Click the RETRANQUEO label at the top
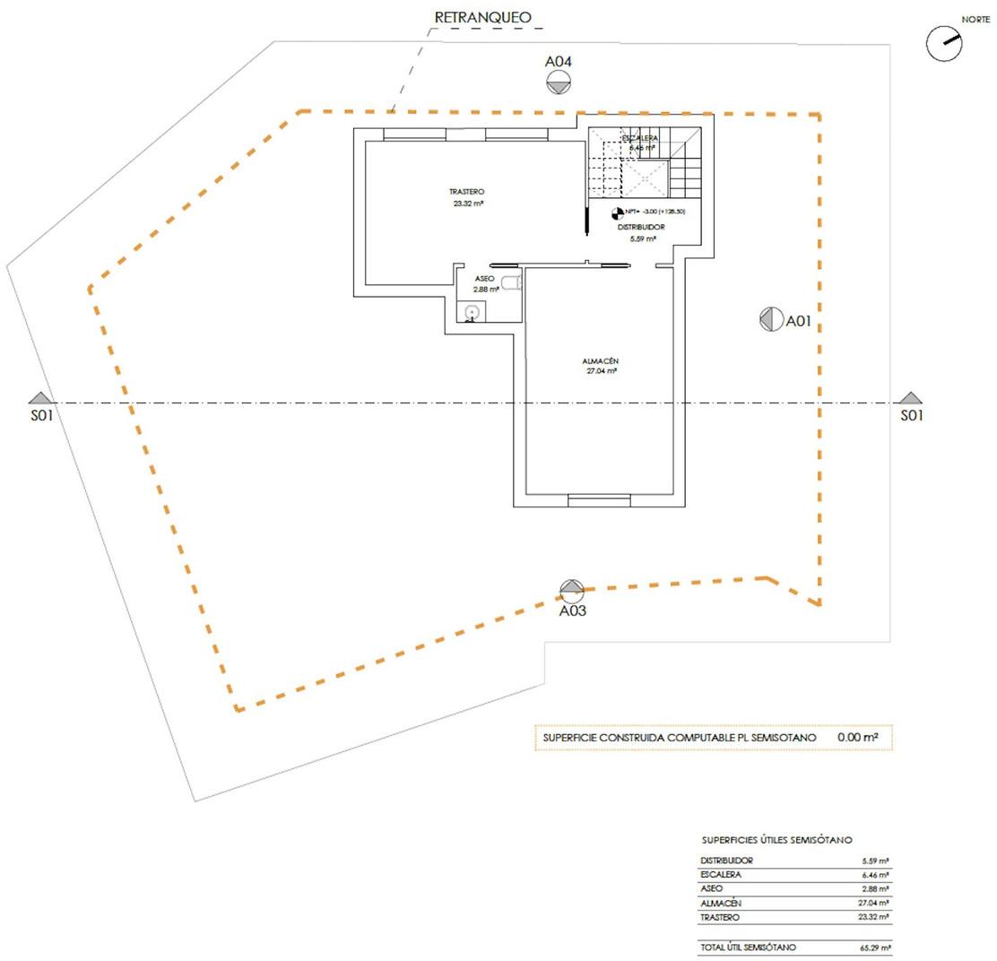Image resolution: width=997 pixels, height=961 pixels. [482, 17]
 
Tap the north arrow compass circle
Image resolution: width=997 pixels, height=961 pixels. [943, 43]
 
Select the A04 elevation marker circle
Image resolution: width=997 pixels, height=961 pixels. [559, 82]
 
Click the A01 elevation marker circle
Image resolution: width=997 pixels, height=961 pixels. [771, 320]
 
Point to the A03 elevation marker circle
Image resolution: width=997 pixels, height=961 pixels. [572, 591]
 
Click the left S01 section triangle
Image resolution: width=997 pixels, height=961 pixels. [39, 398]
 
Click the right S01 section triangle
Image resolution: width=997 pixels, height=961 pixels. [911, 398]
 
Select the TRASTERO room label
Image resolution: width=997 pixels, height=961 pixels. [467, 192]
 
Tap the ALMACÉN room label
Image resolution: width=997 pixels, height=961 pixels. [601, 361]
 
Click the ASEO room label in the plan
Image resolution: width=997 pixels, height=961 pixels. [485, 279]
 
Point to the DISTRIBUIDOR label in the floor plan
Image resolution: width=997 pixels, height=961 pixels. [641, 228]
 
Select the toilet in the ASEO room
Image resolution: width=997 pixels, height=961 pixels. [510, 283]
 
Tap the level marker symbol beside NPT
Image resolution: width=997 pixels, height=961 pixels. [617, 212]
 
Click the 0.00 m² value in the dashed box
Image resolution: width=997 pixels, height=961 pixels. [857, 737]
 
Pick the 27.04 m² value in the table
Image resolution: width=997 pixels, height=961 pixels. [873, 903]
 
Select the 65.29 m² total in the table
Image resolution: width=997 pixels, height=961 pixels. [873, 948]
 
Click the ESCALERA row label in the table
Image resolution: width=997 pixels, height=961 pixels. [721, 874]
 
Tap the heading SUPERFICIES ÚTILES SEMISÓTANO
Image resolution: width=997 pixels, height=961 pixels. [776, 840]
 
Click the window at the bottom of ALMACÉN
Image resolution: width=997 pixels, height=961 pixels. [600, 499]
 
